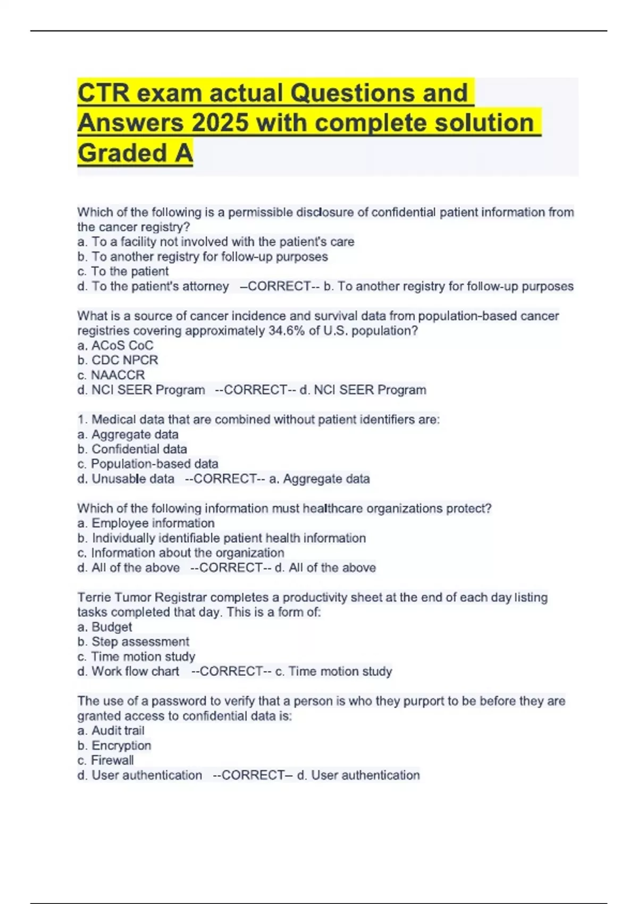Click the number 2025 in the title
[x=220, y=123]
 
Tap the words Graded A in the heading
[x=135, y=153]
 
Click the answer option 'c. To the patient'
[x=123, y=271]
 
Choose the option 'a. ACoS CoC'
[x=115, y=346]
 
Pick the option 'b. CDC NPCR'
[x=117, y=360]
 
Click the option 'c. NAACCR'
[x=111, y=375]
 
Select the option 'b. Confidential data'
[x=132, y=449]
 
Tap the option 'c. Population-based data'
[x=148, y=464]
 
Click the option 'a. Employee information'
[x=146, y=523]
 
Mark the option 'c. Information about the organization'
[x=181, y=553]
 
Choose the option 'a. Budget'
[x=105, y=627]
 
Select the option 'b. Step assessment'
[x=133, y=642]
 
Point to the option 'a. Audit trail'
[x=111, y=731]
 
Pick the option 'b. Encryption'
[x=114, y=746]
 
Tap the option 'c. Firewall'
[x=105, y=760]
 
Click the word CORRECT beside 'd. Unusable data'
[x=225, y=479]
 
